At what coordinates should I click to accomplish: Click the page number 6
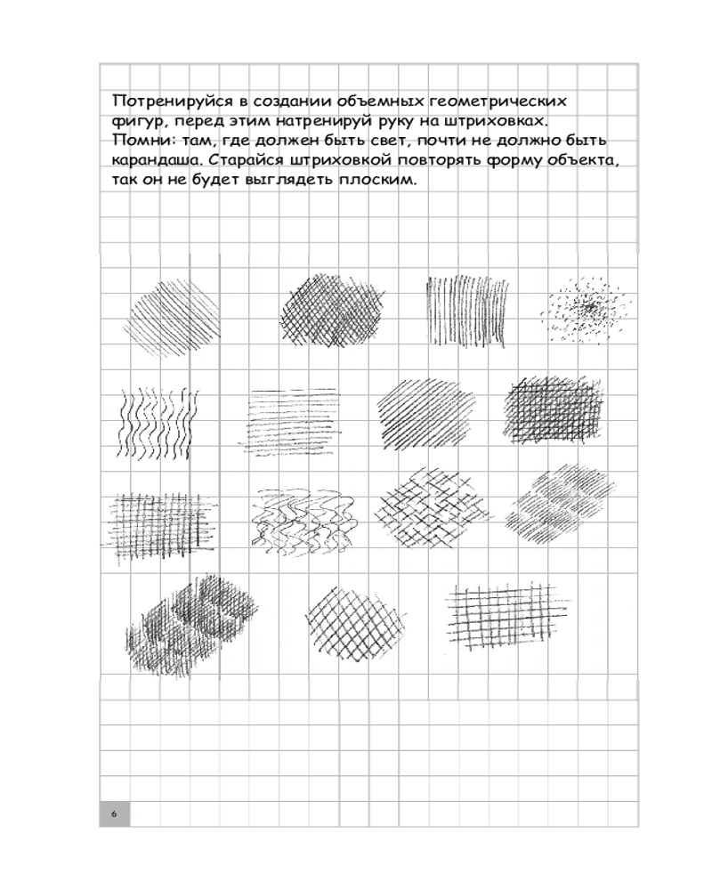tap(114, 814)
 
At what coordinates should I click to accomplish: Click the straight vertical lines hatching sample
tap(468, 307)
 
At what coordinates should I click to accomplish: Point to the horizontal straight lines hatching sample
tap(292, 417)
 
